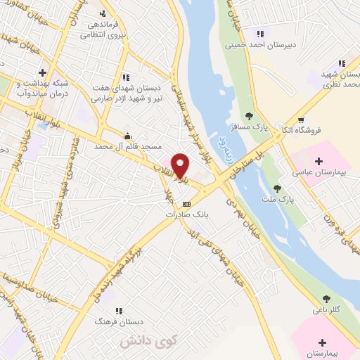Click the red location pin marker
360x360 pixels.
(181, 165)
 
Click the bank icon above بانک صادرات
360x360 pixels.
(185, 202)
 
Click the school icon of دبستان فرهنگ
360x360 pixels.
(118, 311)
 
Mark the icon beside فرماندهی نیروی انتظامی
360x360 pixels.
(103, 14)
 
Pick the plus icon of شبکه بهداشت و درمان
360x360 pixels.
(43, 72)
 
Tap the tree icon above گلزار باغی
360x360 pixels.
(325, 299)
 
